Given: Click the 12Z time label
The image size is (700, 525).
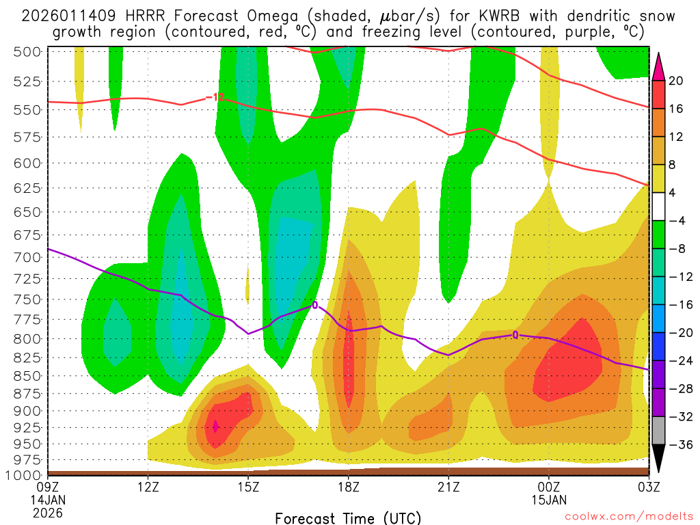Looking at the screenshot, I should point(148,487).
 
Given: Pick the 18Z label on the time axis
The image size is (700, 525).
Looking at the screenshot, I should point(348,487).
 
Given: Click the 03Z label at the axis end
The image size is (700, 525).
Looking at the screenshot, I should point(648,487).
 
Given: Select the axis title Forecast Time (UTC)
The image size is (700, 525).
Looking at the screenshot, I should point(348,517).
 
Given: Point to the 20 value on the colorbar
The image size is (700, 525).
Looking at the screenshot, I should point(676,81).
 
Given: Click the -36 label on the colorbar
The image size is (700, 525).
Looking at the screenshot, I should point(676,444).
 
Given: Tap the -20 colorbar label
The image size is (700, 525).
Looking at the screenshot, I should point(676,332).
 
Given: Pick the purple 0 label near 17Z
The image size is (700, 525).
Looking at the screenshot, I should point(315,304).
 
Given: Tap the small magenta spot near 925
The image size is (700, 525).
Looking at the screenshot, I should point(216,426).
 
